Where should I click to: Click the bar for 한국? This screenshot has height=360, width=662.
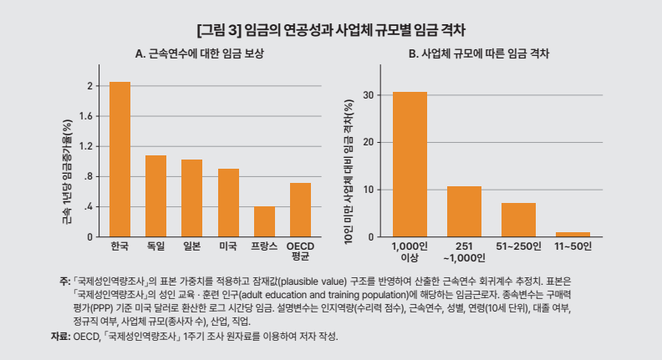pyautogui.click(x=120, y=160)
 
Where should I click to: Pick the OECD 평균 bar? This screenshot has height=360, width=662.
pyautogui.click(x=300, y=210)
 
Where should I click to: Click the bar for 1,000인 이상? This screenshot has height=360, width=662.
pyautogui.click(x=410, y=165)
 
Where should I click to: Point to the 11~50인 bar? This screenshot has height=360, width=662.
pyautogui.click(x=573, y=235)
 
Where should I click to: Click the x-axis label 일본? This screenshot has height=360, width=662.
pyautogui.click(x=191, y=247)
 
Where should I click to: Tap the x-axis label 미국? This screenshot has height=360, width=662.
pyautogui.click(x=227, y=247)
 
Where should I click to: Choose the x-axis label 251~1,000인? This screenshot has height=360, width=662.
pyautogui.click(x=464, y=252)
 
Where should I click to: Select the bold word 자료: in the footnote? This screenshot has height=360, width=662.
pyautogui.click(x=59, y=336)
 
